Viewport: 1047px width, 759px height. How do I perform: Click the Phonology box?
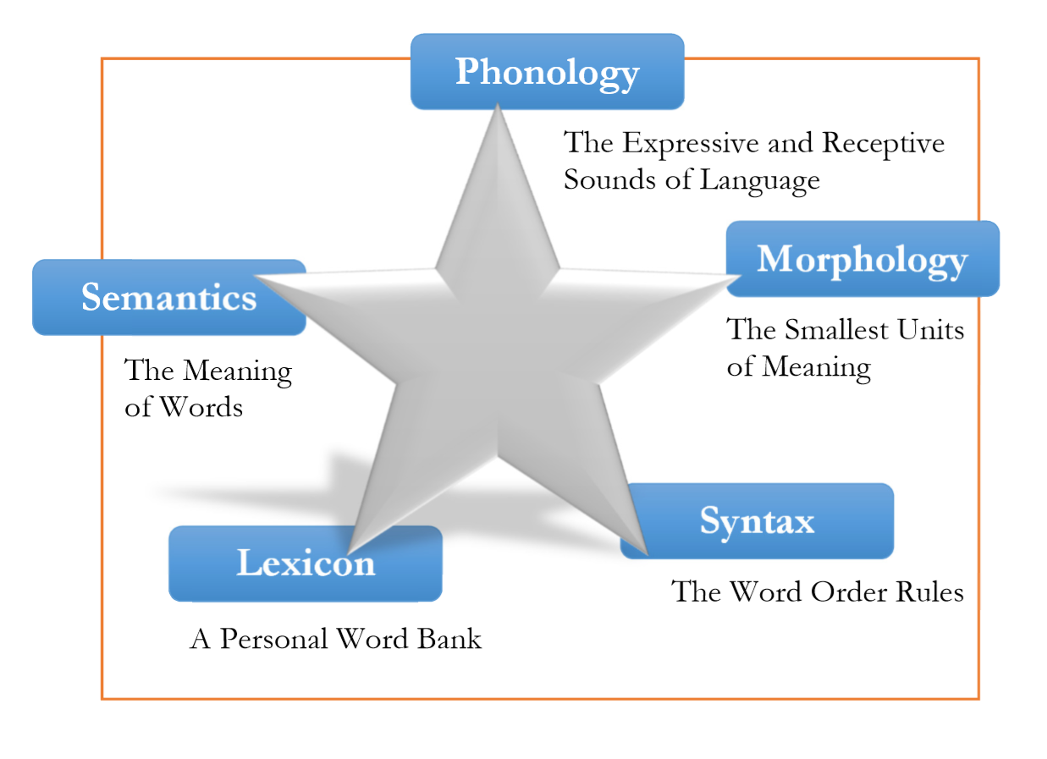click(547, 72)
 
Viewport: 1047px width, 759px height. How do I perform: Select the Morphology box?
click(862, 259)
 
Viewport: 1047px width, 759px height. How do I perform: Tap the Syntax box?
click(757, 521)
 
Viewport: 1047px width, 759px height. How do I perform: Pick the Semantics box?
click(168, 297)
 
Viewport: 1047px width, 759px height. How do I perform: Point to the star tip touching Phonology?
click(498, 107)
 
